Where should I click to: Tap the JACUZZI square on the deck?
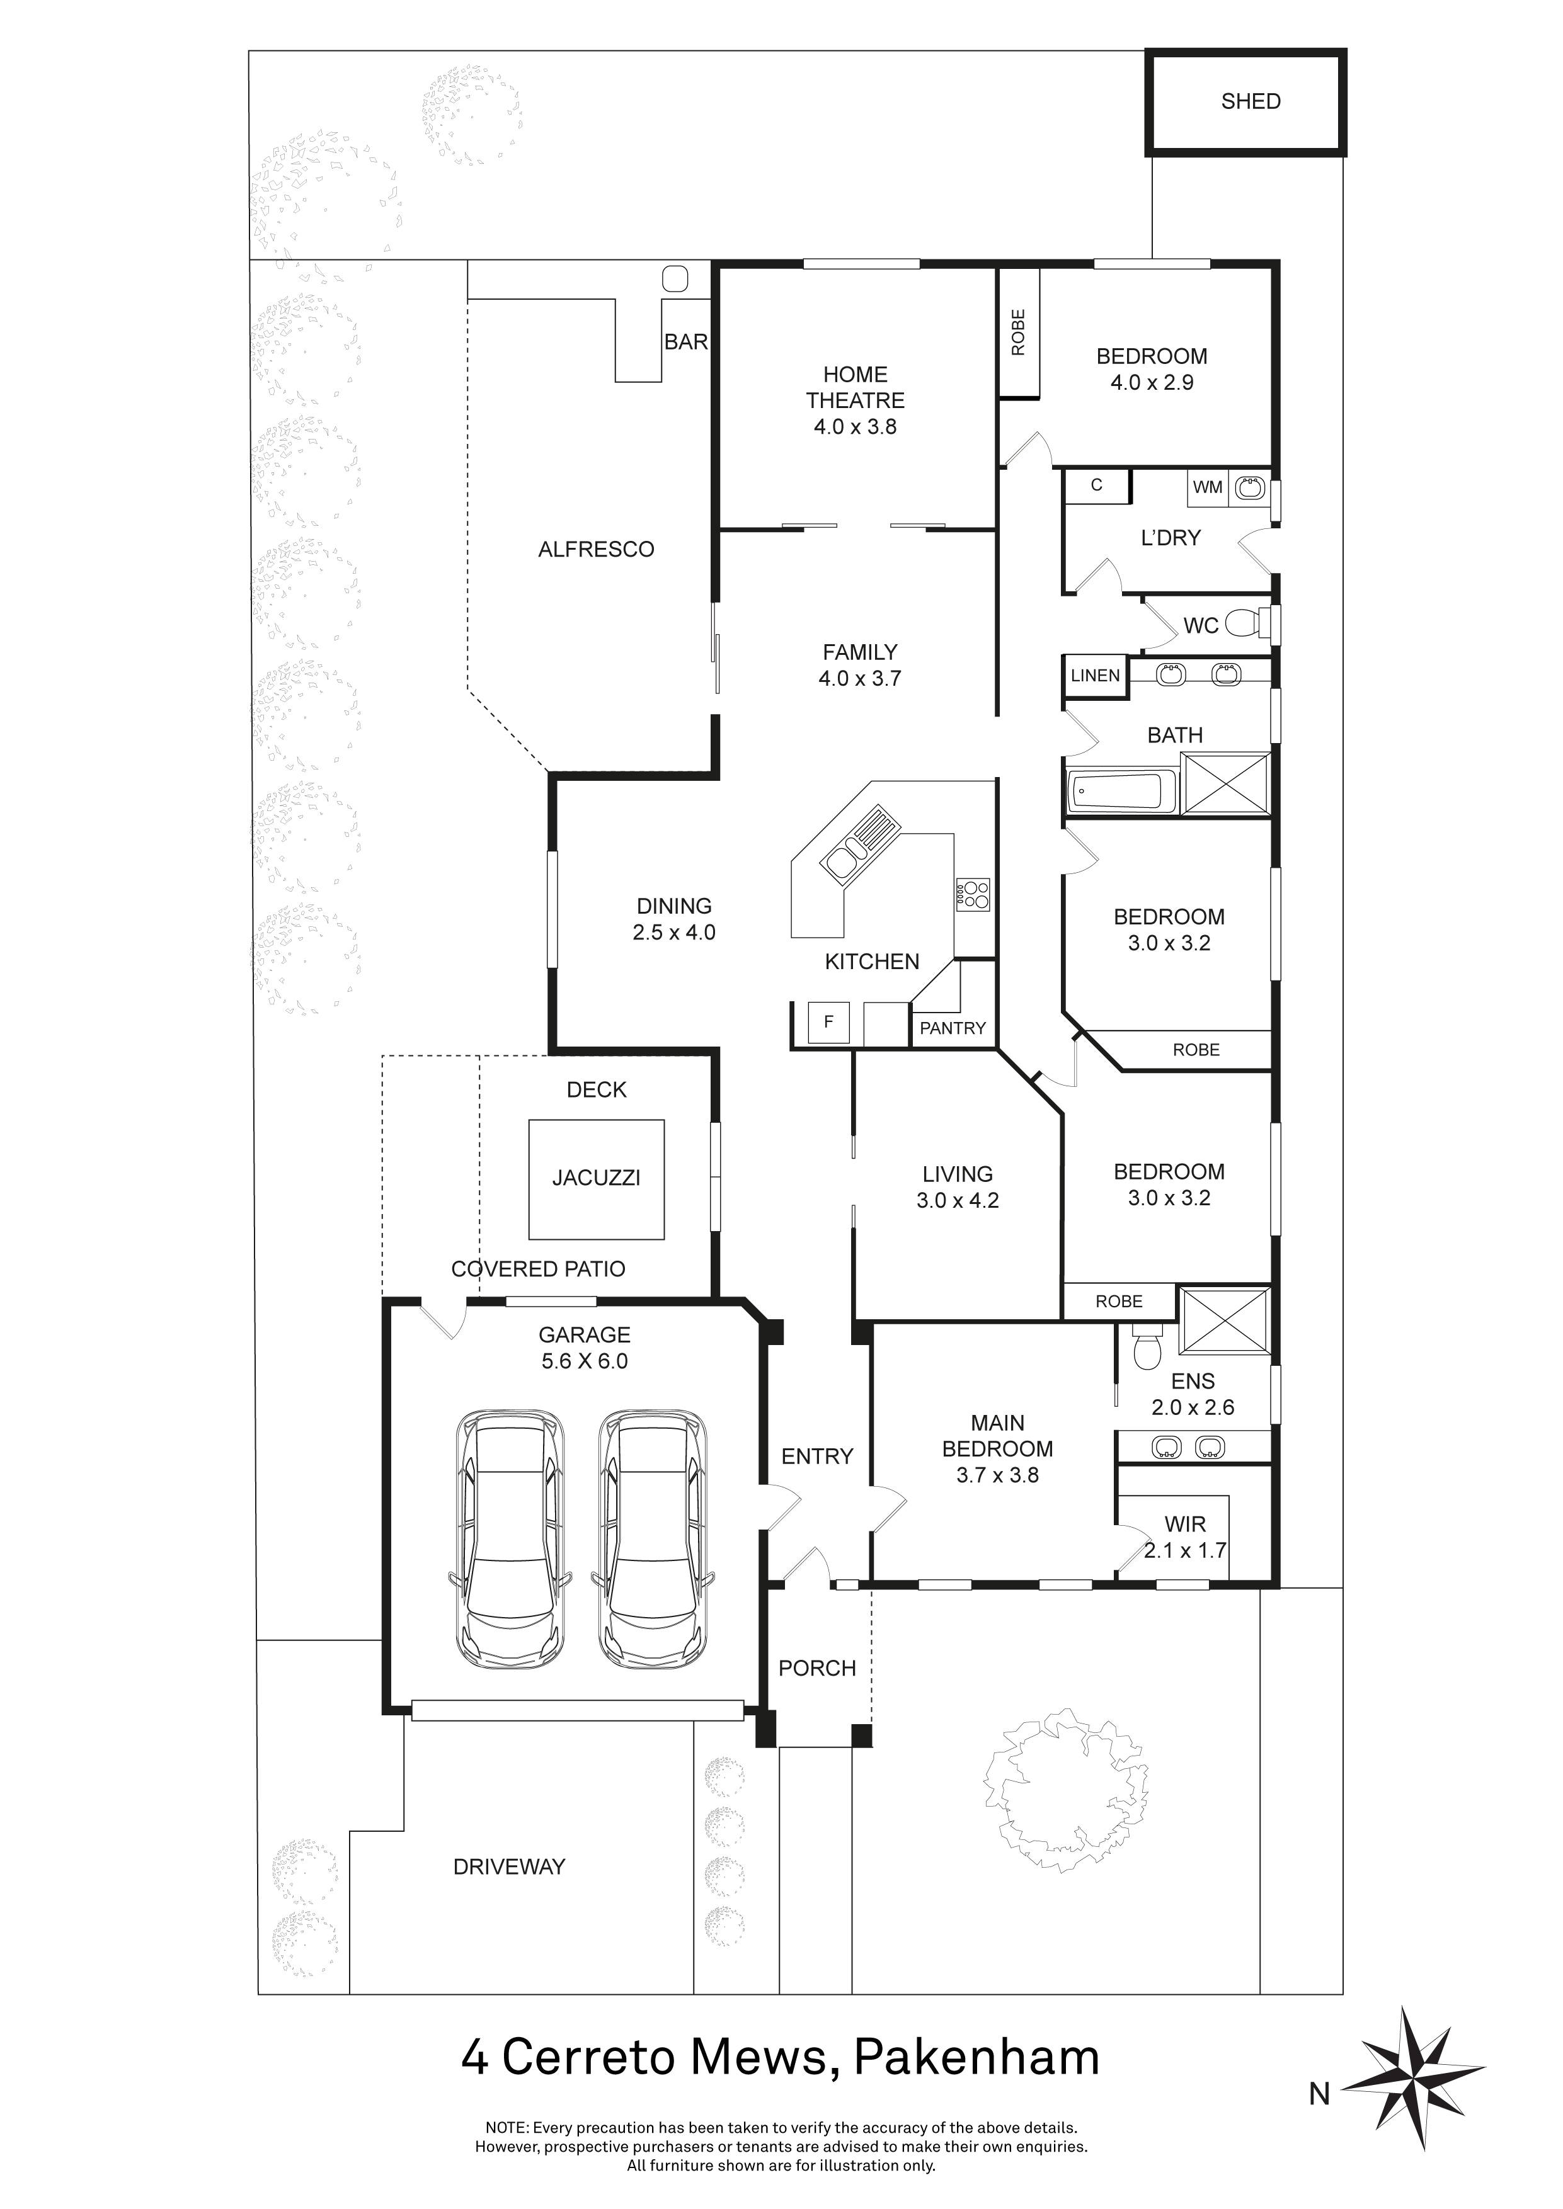[x=597, y=1179]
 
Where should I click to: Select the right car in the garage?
[x=655, y=1540]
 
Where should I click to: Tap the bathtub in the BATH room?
[x=1121, y=792]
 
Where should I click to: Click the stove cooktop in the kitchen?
[x=974, y=895]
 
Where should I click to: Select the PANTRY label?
[x=953, y=1028]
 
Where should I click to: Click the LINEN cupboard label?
[x=1096, y=676]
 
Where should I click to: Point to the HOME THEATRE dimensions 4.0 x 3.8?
[x=856, y=427]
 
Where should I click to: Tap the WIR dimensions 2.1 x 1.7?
[x=1186, y=1551]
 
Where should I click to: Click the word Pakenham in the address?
[x=977, y=2058]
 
